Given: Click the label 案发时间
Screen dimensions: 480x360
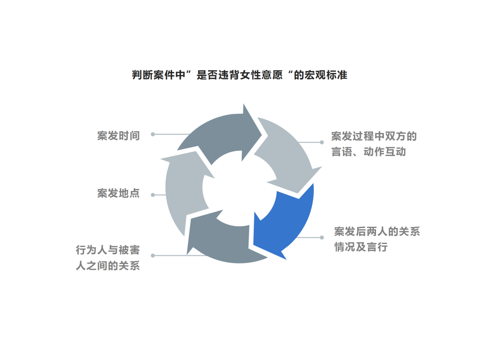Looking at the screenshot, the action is pos(119,136).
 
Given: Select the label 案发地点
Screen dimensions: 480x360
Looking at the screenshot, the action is pos(119,193).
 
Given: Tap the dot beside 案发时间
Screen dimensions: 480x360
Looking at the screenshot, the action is pos(153,134).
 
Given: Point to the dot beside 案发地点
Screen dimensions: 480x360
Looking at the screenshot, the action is pos(153,195).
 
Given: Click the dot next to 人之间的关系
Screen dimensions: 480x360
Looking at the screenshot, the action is pos(153,256).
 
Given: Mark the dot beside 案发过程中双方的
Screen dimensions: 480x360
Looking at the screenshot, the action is pos(322,142).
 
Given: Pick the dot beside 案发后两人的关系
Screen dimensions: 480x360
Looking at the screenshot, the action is pos(322,237).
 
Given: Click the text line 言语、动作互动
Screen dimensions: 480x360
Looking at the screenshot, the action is pos(368,152).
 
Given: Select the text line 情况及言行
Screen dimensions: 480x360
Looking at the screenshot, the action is pos(361,247).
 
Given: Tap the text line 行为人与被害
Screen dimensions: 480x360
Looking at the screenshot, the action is pos(108,250).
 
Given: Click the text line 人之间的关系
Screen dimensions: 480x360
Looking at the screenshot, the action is pos(108,265).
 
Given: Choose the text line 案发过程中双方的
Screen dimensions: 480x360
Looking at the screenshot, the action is pos(374,136).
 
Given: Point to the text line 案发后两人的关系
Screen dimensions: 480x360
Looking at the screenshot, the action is pos(377,232).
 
